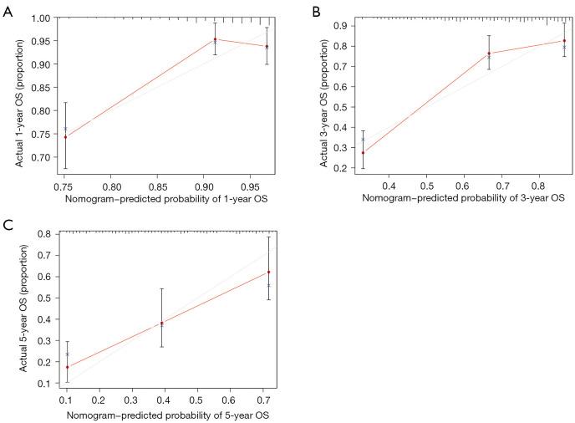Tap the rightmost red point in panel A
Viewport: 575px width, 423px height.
(267, 47)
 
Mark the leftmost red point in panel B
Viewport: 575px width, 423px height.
(363, 153)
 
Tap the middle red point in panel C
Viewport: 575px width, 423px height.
(162, 324)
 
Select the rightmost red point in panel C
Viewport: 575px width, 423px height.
(269, 272)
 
